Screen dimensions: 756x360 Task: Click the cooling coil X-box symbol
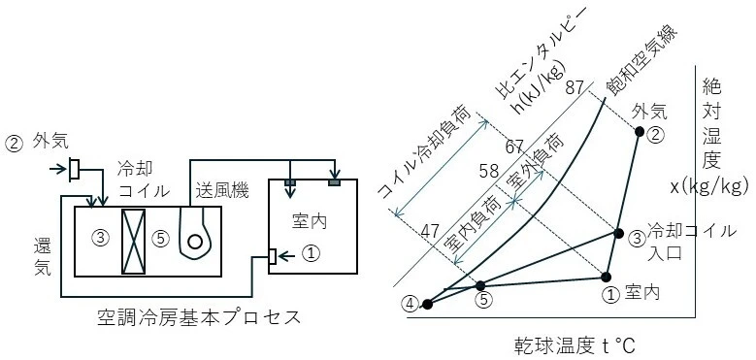point(133,242)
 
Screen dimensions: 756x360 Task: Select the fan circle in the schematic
point(194,242)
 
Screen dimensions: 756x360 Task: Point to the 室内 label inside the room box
point(310,221)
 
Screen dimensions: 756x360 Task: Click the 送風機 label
point(222,192)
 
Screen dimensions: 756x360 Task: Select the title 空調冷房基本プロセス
point(199,317)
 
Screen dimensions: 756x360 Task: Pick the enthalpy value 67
point(515,147)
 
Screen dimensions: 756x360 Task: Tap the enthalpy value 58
point(488,171)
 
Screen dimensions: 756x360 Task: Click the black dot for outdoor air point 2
point(640,131)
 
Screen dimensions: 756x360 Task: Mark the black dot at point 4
point(427,304)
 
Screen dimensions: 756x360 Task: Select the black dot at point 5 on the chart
point(480,285)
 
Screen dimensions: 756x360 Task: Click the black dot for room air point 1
point(606,277)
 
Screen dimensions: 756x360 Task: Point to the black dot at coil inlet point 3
point(618,233)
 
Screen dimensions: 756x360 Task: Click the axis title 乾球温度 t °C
point(574,346)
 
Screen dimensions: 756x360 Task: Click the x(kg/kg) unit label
point(709,186)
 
